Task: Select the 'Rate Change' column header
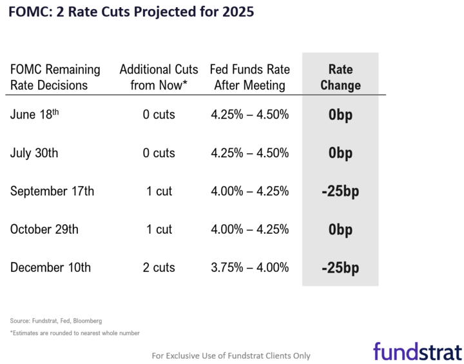[x=340, y=77]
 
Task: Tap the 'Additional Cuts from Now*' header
[x=159, y=77]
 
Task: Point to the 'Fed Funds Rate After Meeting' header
[x=250, y=77]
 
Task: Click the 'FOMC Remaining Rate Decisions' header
[x=55, y=77]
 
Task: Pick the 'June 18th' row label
[x=35, y=115]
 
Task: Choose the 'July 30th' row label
[x=34, y=153]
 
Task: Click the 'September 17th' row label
[x=52, y=191]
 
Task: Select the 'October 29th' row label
[x=44, y=229]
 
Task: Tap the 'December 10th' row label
[x=50, y=267]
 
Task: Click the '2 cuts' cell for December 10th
[x=159, y=267]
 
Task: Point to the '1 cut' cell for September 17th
[x=159, y=191]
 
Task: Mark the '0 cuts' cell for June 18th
[x=159, y=115]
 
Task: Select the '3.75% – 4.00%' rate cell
[x=250, y=267]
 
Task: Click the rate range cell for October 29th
[x=250, y=229]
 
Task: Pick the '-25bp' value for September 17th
[x=340, y=192]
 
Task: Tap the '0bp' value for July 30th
[x=340, y=154]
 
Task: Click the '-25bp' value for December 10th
[x=340, y=268]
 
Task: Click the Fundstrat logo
[x=417, y=351]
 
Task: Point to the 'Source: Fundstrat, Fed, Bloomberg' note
[x=56, y=320]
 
